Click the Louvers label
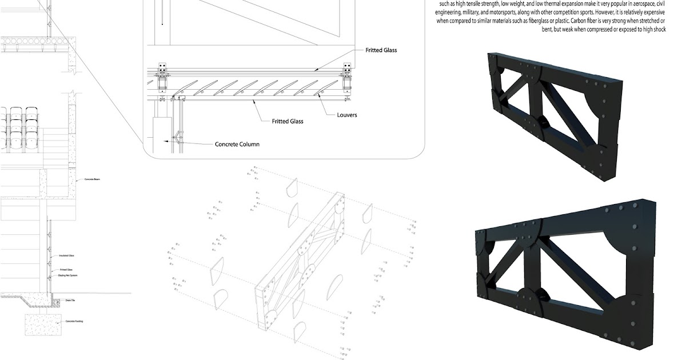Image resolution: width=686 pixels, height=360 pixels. click(x=347, y=115)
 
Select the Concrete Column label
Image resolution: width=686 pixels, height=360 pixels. click(x=237, y=144)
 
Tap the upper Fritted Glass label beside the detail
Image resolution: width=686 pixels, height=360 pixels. click(x=381, y=50)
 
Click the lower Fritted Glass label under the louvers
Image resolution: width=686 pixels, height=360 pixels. click(x=288, y=121)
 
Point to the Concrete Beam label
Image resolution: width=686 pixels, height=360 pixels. click(x=93, y=180)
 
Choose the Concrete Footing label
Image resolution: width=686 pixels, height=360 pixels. click(x=74, y=322)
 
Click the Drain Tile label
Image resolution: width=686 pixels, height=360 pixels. click(x=70, y=299)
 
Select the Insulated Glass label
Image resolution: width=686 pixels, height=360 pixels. click(x=67, y=256)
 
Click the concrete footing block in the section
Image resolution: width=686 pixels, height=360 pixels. click(x=42, y=325)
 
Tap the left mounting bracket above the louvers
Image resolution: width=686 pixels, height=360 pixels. click(x=163, y=73)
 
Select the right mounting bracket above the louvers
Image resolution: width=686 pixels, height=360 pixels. click(x=346, y=73)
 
